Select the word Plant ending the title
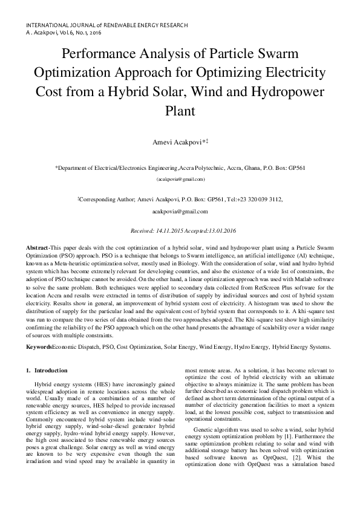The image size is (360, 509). pyautogui.click(x=180, y=112)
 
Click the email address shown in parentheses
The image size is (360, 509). pyautogui.click(x=180, y=180)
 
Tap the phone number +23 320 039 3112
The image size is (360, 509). pyautogui.click(x=258, y=198)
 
